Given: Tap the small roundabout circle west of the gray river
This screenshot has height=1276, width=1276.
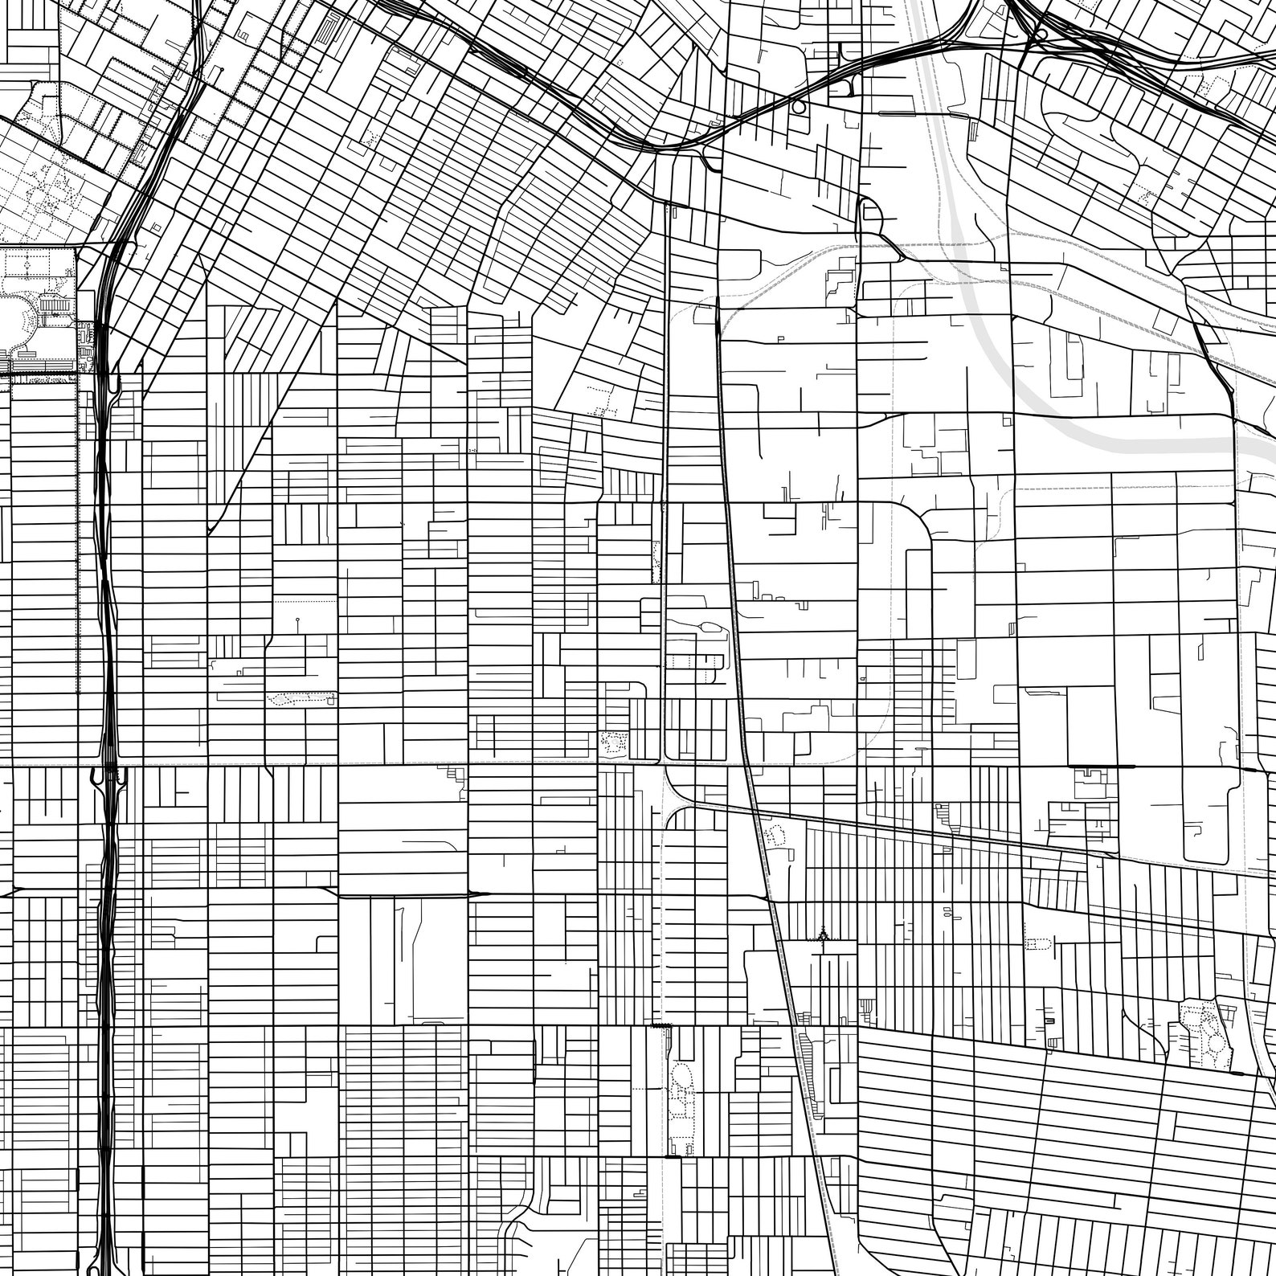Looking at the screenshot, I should point(799,106).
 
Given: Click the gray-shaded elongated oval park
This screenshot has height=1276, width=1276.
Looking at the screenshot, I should point(301,698).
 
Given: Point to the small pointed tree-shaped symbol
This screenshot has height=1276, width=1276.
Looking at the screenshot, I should point(823,935).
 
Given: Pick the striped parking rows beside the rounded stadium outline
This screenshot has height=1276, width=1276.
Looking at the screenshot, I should point(55,308).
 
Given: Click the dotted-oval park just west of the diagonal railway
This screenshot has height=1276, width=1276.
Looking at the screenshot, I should point(776,836).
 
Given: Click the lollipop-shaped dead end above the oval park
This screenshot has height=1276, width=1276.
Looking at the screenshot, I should point(297,620).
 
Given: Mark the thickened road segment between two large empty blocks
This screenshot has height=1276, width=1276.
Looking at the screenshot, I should point(402,894).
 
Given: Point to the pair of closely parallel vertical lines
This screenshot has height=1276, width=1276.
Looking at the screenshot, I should point(666,402).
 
